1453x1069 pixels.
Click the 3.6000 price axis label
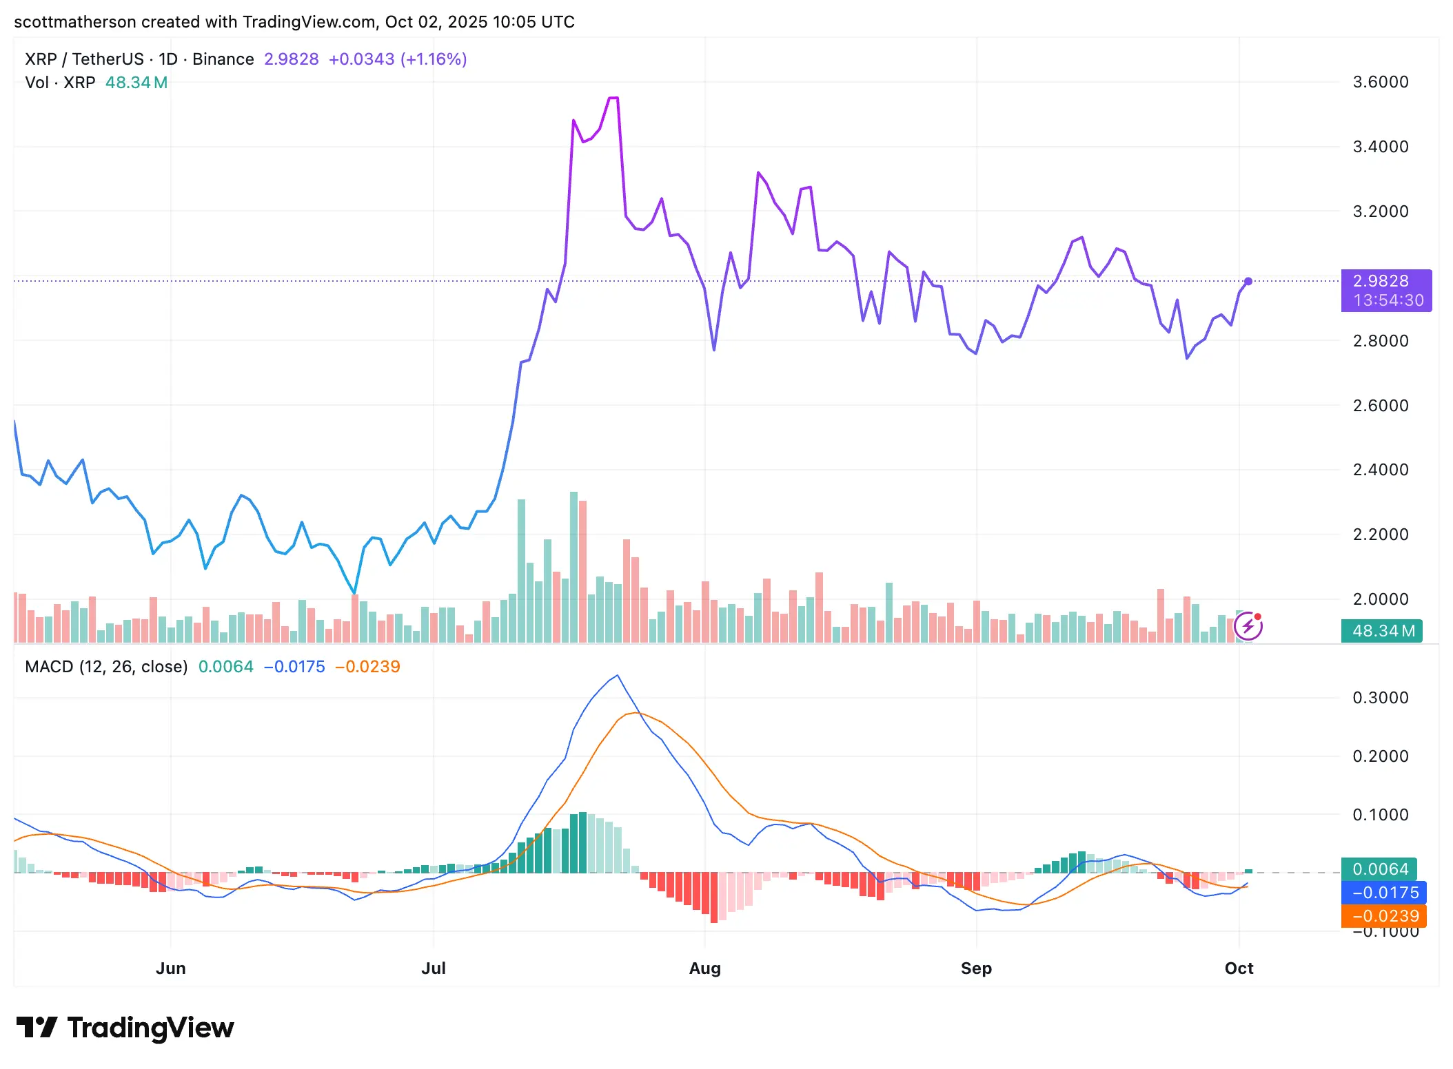[1380, 82]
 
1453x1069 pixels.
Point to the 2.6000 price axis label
[1380, 405]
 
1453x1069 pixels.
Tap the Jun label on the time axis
[170, 968]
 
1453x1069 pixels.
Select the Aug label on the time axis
[704, 968]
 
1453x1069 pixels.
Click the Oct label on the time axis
[1239, 968]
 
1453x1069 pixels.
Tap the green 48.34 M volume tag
[1381, 630]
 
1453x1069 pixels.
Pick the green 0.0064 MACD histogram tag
[1379, 869]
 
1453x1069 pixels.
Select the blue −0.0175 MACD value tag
[1383, 893]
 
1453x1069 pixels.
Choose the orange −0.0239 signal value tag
[1383, 916]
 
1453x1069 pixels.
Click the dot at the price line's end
[1248, 281]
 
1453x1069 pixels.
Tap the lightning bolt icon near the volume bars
[1248, 627]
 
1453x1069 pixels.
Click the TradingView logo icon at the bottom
[37, 1027]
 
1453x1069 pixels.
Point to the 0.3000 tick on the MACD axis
[1380, 697]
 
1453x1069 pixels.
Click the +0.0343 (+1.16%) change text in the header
[398, 59]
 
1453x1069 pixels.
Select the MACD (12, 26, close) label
[106, 666]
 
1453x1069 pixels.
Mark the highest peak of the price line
[613, 98]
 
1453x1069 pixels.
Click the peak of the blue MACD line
[618, 675]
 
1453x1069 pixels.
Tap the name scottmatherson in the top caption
[74, 22]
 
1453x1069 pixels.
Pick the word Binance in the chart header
[223, 59]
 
